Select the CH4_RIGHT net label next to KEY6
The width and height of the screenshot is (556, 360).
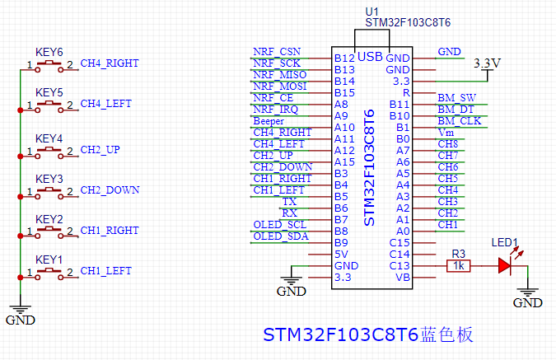pos(109,63)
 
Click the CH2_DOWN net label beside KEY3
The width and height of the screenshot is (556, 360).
pos(110,189)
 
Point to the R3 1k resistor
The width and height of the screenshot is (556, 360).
pos(459,265)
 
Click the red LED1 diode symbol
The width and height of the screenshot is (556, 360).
pos(505,265)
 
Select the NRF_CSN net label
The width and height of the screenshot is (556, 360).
pos(276,52)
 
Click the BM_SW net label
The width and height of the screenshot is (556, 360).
pos(456,98)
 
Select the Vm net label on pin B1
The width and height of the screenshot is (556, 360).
pos(446,133)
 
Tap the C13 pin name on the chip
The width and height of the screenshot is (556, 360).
pos(399,265)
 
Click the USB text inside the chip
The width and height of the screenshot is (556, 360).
pos(370,57)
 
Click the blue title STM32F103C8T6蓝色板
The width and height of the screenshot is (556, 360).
pos(367,335)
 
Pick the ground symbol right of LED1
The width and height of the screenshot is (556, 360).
pos(528,297)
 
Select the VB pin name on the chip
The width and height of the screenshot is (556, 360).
pos(403,277)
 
